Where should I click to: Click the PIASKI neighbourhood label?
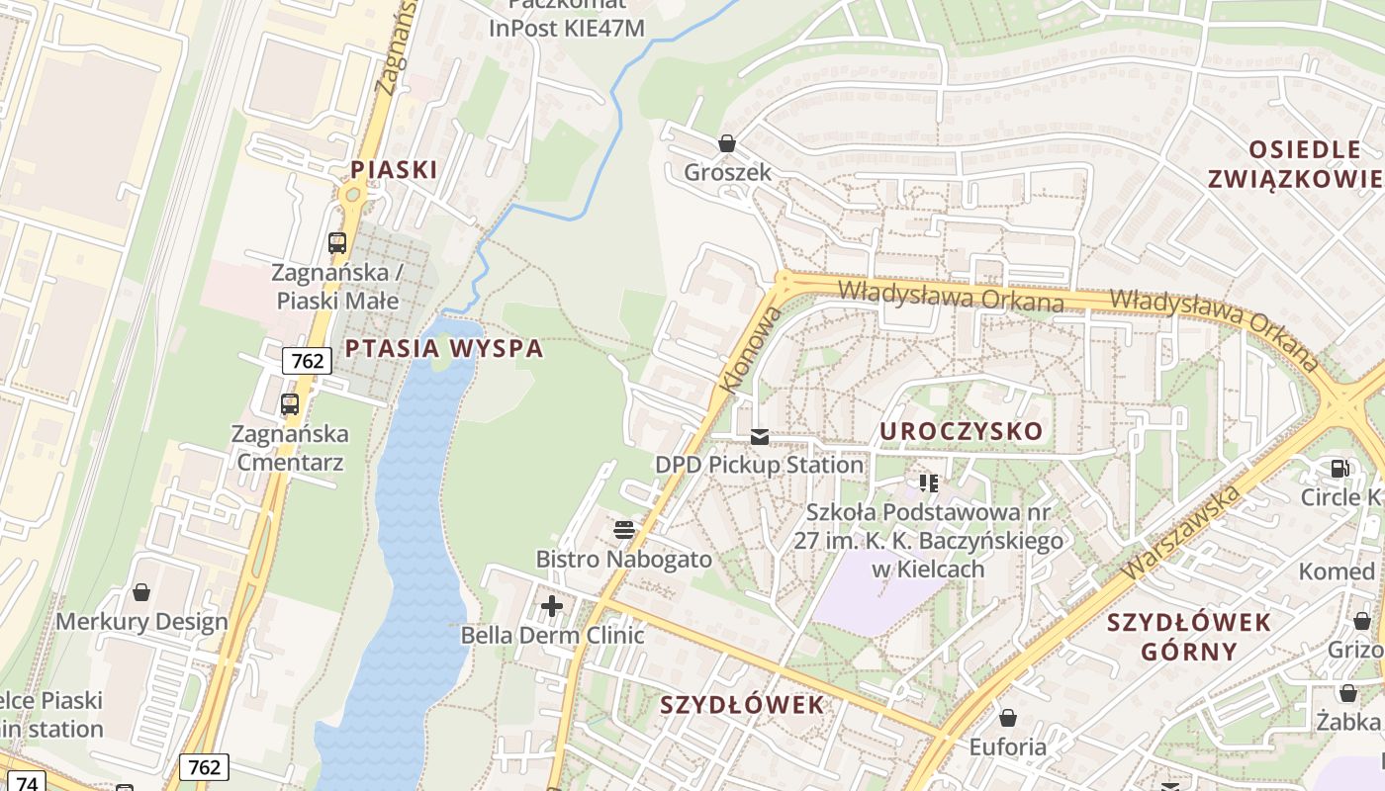394,169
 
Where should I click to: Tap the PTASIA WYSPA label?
444,348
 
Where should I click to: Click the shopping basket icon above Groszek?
727,143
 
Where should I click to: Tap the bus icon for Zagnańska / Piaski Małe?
337,242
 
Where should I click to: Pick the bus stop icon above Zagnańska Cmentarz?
289,403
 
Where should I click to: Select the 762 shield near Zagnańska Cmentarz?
307,361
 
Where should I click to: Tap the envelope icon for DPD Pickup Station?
759,436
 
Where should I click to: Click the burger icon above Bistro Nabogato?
623,530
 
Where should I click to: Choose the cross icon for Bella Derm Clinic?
552,605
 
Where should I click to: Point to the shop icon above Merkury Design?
141,592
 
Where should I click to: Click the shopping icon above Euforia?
1007,718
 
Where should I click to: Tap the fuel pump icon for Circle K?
1339,469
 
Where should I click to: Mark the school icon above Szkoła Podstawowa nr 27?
928,483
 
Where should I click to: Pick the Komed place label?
1337,571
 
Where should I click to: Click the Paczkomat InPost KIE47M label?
567,20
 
